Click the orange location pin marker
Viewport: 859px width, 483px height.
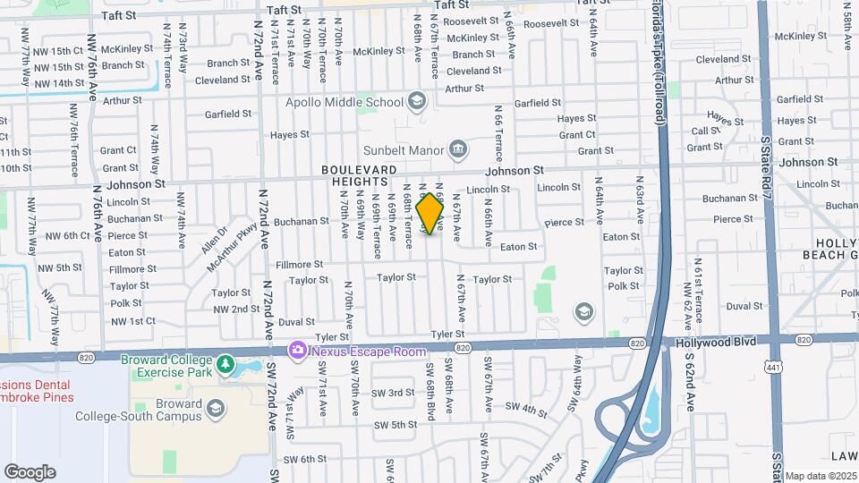click(430, 214)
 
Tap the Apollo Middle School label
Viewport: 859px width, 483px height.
click(344, 102)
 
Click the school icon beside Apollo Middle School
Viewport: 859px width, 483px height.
click(416, 101)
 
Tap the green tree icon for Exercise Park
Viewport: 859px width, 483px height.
click(225, 367)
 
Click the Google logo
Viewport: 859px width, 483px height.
click(30, 471)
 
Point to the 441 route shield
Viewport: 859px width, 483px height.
click(770, 367)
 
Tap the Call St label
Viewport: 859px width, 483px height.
click(707, 131)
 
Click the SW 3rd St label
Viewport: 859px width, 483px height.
click(394, 393)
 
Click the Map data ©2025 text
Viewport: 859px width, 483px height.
click(821, 476)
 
